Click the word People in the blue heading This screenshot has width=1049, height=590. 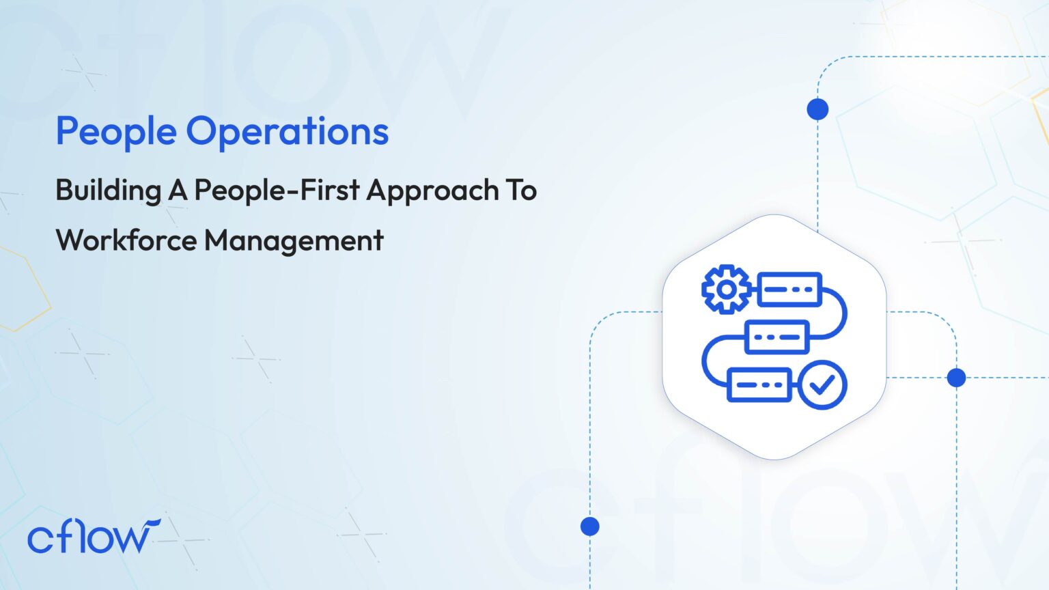click(x=116, y=131)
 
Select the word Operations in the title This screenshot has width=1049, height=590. click(x=288, y=131)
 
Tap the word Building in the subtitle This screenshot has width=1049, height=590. click(x=108, y=191)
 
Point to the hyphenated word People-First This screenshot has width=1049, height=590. click(x=277, y=191)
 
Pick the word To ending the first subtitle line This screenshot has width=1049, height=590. click(x=521, y=191)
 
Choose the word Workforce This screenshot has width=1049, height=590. click(x=126, y=240)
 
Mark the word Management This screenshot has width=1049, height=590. click(x=294, y=240)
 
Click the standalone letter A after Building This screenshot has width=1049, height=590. click(x=178, y=191)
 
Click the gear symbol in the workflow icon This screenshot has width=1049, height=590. click(x=727, y=289)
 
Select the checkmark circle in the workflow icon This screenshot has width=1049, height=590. click(x=822, y=385)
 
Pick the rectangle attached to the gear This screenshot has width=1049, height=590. click(x=789, y=289)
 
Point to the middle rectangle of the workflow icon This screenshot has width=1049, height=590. click(x=777, y=337)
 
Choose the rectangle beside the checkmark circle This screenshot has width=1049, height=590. click(x=759, y=385)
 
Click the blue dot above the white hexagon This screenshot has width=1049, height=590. click(x=817, y=109)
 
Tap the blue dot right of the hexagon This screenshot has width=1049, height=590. click(x=956, y=377)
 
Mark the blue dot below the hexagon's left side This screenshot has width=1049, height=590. click(x=590, y=526)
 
